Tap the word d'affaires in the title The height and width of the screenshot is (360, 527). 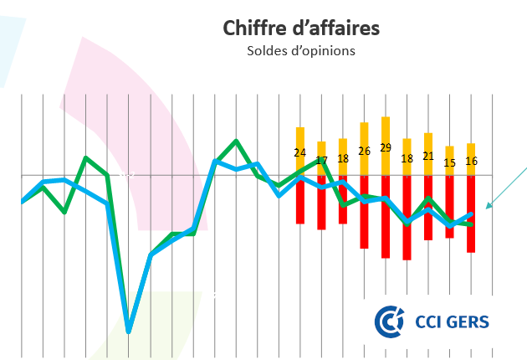pyautogui.click(x=334, y=28)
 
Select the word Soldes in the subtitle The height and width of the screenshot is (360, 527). pyautogui.click(x=266, y=51)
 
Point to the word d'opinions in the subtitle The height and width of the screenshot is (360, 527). pyautogui.click(x=322, y=51)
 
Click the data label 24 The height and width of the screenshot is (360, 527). pyautogui.click(x=300, y=152)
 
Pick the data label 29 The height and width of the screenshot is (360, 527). pyautogui.click(x=386, y=147)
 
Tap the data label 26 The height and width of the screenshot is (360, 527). pyautogui.click(x=364, y=151)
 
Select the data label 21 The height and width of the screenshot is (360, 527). pyautogui.click(x=428, y=156)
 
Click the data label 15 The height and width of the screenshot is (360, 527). pyautogui.click(x=449, y=162)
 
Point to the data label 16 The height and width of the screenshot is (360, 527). pyautogui.click(x=471, y=161)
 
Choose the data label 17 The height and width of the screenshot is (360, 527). pyautogui.click(x=321, y=159)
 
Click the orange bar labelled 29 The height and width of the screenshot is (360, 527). pyautogui.click(x=386, y=130)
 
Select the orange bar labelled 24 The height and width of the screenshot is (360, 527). pyautogui.click(x=300, y=136)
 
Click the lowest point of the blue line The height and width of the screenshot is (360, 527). pyautogui.click(x=129, y=331)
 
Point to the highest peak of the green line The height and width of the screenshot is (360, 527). pyautogui.click(x=236, y=141)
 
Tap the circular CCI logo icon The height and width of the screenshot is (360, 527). pyautogui.click(x=389, y=321)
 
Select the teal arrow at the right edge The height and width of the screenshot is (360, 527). pyautogui.click(x=505, y=189)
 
